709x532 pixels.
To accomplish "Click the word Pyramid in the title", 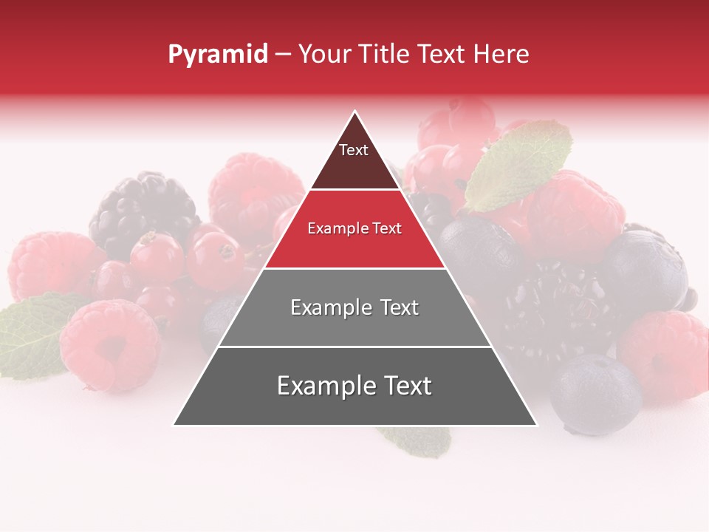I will pos(217,55).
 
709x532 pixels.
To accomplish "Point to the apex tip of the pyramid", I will pos(355,112).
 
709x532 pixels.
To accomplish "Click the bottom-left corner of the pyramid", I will pos(175,424).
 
